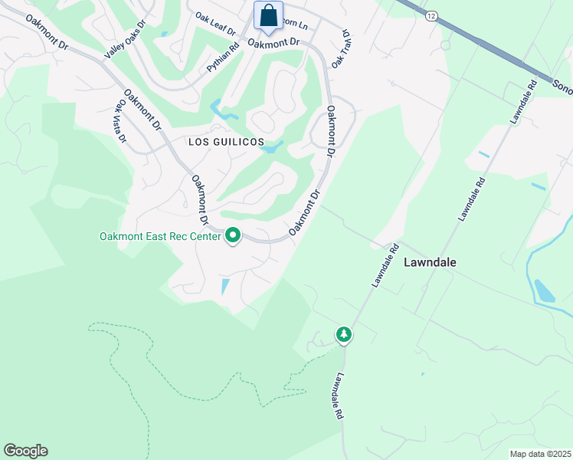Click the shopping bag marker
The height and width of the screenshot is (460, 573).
[x=269, y=16]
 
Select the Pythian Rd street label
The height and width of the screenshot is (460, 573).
[x=223, y=58]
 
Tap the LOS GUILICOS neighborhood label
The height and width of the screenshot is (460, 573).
[x=226, y=143]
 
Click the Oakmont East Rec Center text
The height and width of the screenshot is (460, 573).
[x=160, y=236]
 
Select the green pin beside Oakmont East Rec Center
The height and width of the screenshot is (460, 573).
[x=233, y=236]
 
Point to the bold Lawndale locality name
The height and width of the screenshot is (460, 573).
[x=430, y=262]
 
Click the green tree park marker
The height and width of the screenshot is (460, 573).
[x=344, y=334]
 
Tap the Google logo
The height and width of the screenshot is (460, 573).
[x=25, y=450]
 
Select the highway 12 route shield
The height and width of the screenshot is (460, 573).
[x=433, y=15]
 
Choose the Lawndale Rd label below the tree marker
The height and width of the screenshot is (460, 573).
[x=338, y=396]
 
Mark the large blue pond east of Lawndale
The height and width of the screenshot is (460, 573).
[x=544, y=291]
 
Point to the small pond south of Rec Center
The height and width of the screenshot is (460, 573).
[x=224, y=287]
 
